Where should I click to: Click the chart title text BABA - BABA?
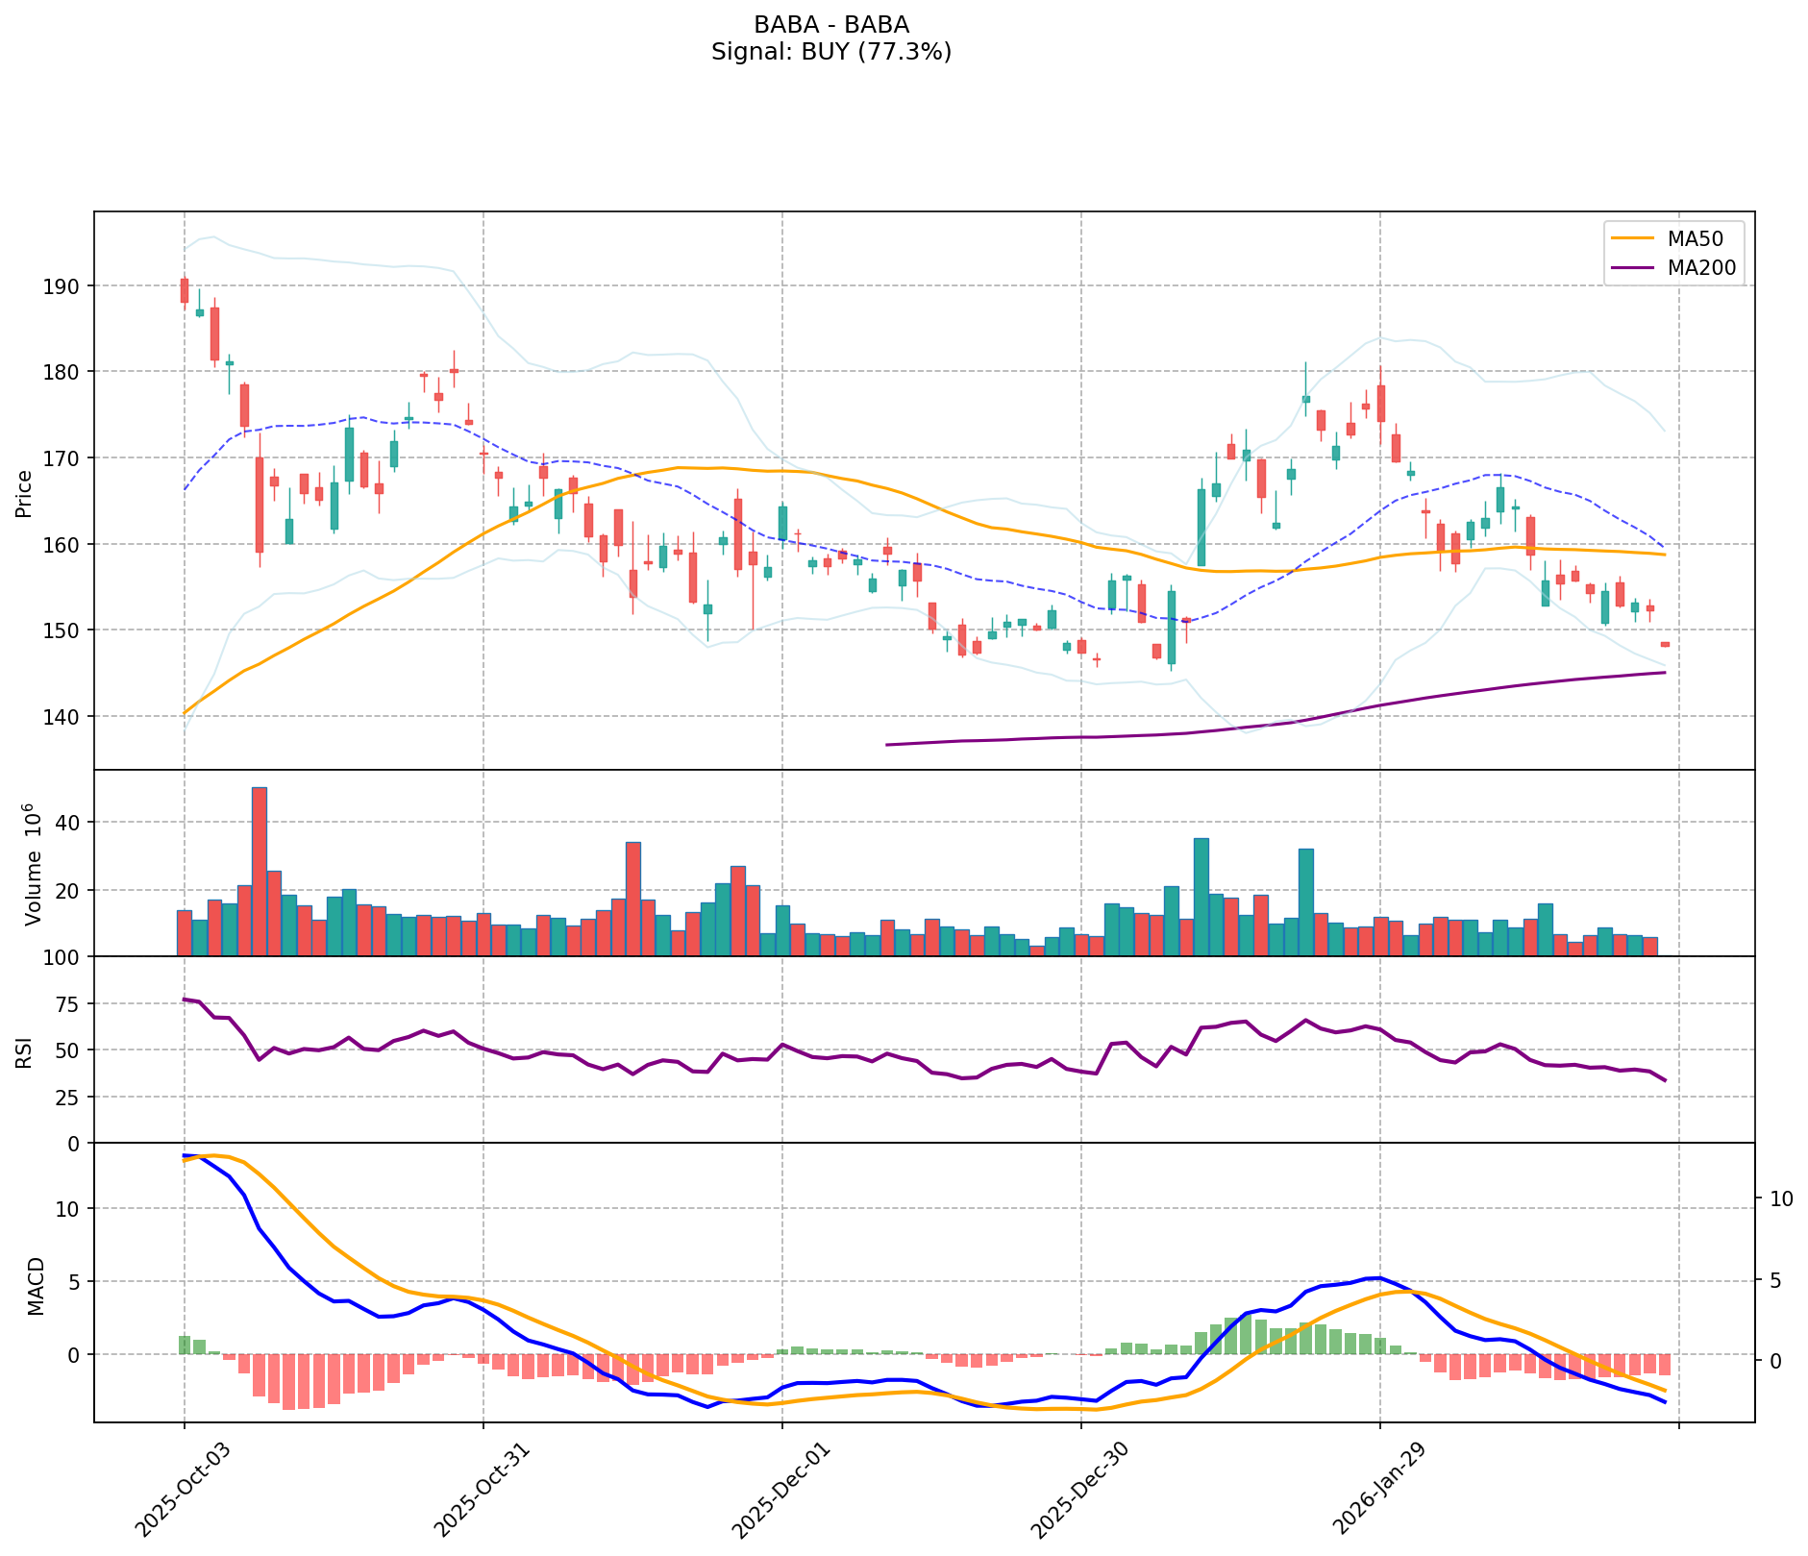click(830, 25)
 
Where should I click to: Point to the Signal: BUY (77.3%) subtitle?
click(830, 52)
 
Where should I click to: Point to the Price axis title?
click(24, 493)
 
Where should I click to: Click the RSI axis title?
click(24, 1050)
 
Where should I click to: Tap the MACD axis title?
click(36, 1286)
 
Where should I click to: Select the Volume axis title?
click(33, 864)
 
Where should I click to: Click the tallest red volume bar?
click(260, 872)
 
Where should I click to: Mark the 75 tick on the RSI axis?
click(70, 1003)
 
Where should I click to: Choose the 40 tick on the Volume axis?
click(70, 822)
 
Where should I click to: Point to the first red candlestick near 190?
click(185, 291)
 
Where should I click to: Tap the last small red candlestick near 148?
click(1665, 644)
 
